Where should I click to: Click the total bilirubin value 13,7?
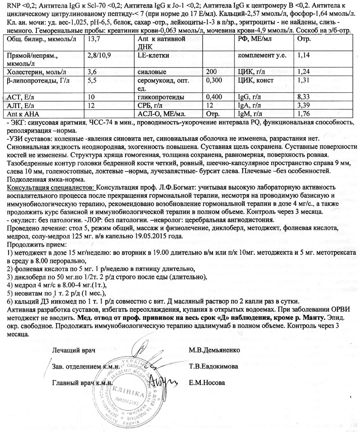coord(93,40)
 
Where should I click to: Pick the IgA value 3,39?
coord(304,105)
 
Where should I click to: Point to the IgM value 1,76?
coord(304,114)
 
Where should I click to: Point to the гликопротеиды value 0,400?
coord(214,97)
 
